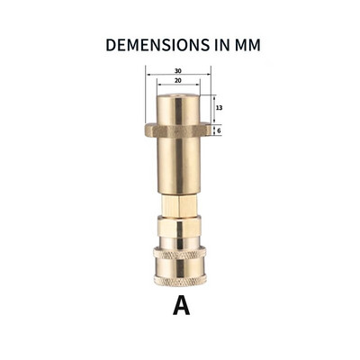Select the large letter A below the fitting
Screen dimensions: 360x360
[181, 307]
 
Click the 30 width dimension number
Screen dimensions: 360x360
[178, 71]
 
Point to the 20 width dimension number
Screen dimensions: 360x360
[178, 82]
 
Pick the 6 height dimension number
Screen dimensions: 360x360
[219, 130]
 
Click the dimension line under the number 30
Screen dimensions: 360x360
[178, 76]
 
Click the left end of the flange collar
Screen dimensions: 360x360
[148, 130]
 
